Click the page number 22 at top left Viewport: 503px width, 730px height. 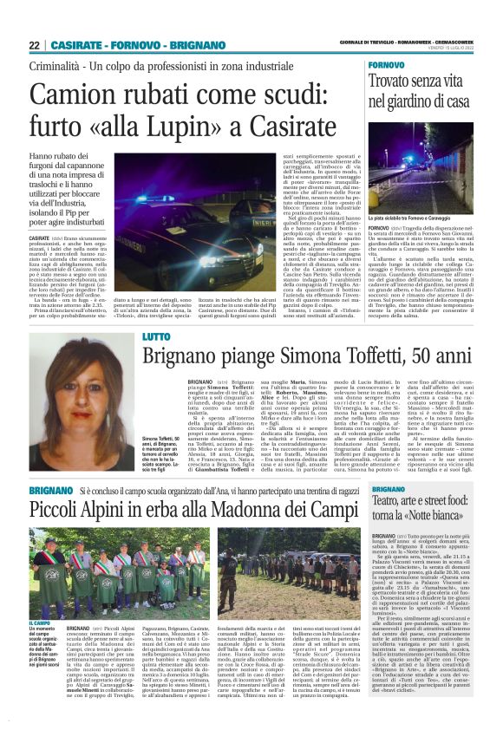coord(35,45)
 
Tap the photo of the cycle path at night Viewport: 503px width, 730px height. coord(422,160)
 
